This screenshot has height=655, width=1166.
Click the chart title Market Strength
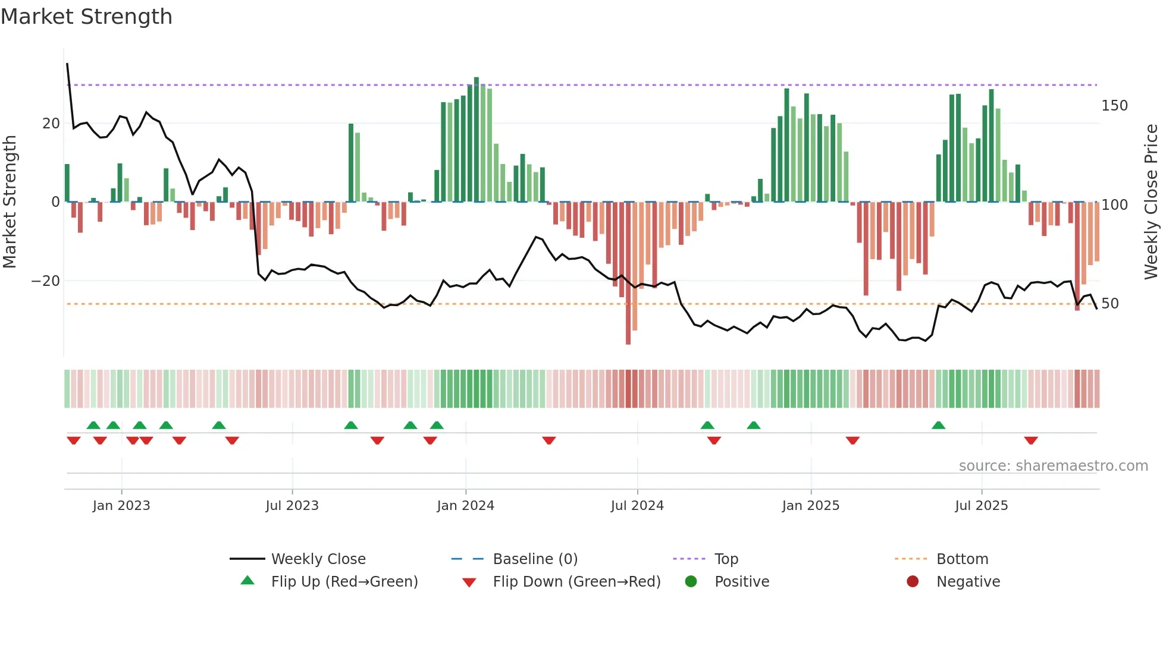coord(86,17)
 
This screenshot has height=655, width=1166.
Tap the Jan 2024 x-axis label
coord(465,506)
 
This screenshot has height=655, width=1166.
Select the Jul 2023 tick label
coord(292,506)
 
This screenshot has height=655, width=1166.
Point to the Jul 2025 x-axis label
coord(982,506)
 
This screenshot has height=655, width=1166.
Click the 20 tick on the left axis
coord(51,124)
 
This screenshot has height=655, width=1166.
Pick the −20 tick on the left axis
coord(46,281)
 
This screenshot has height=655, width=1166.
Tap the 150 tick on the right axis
coord(1114,106)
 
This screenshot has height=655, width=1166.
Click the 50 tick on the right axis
coord(1110,304)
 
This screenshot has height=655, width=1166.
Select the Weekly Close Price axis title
coord(1152,202)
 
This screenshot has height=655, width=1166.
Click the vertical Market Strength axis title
coord(10,202)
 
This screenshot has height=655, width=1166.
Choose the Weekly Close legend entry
coord(318,559)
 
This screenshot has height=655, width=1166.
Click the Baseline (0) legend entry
coord(535,559)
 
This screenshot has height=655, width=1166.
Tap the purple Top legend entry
coord(726,559)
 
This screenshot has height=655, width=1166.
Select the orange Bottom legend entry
coord(962,559)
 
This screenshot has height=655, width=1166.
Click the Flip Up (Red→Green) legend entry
coord(344,582)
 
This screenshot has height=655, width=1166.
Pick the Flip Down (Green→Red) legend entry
coord(576,582)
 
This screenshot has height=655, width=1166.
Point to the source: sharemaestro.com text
coord(1053,466)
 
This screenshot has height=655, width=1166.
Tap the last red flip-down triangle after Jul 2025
coord(1031,440)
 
